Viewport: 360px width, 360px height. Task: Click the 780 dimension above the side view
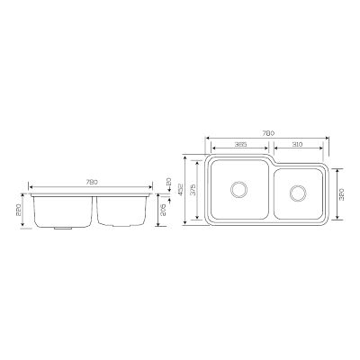click(x=91, y=182)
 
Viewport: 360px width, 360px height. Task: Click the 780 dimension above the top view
click(x=267, y=135)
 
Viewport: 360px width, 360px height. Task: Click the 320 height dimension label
click(x=340, y=194)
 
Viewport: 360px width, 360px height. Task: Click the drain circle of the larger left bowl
click(x=240, y=190)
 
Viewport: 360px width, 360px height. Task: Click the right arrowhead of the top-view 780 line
click(x=326, y=139)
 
